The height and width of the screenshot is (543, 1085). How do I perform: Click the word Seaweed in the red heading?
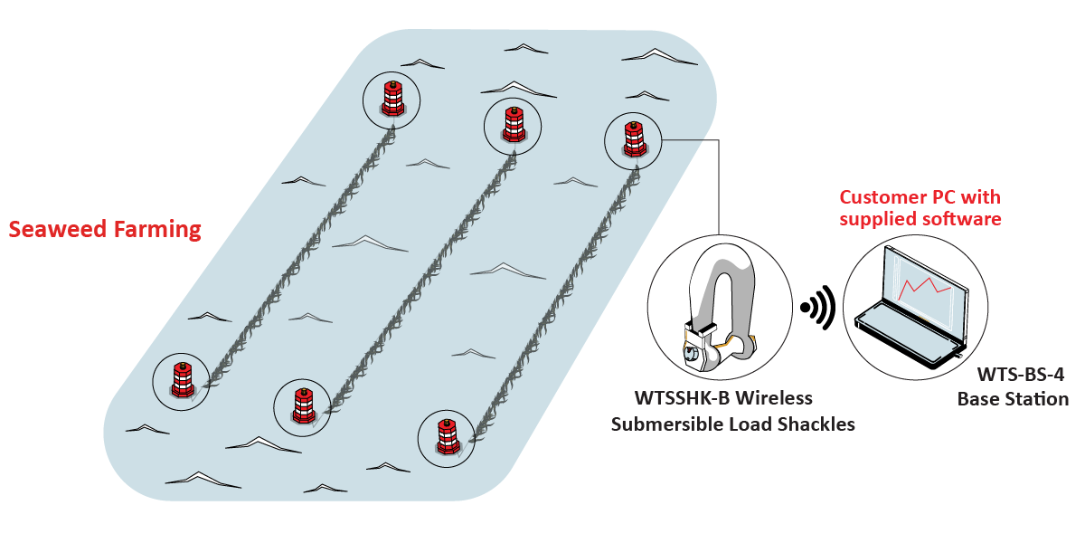[56, 229]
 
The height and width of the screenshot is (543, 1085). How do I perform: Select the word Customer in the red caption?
[882, 197]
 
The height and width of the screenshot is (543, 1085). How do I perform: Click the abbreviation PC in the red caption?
[946, 197]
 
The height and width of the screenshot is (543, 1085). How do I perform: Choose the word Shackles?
[816, 424]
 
